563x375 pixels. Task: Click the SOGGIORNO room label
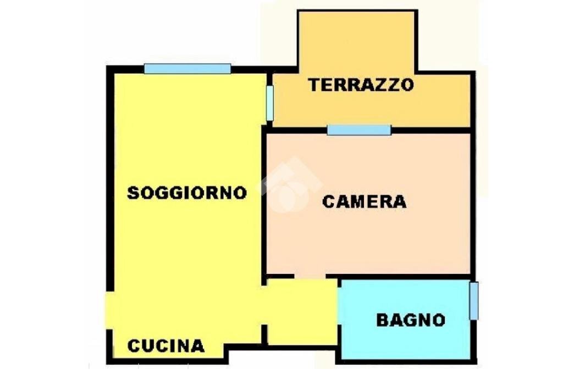pos(187,193)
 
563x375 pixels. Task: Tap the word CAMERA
pos(364,202)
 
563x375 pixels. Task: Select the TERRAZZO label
pos(361,86)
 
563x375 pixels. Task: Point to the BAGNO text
pos(411,320)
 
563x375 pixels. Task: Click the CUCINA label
pos(166,346)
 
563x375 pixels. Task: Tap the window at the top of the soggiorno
pos(187,69)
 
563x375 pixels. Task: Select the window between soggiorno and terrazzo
pos(269,103)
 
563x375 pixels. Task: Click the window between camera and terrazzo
pos(359,130)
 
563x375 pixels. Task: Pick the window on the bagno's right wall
pos(473,300)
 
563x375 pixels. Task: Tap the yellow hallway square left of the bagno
pos(301,311)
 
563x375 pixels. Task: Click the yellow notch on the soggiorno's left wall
pos(110,310)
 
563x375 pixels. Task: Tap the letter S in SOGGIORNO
pos(133,193)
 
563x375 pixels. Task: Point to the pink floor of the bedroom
pos(368,242)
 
